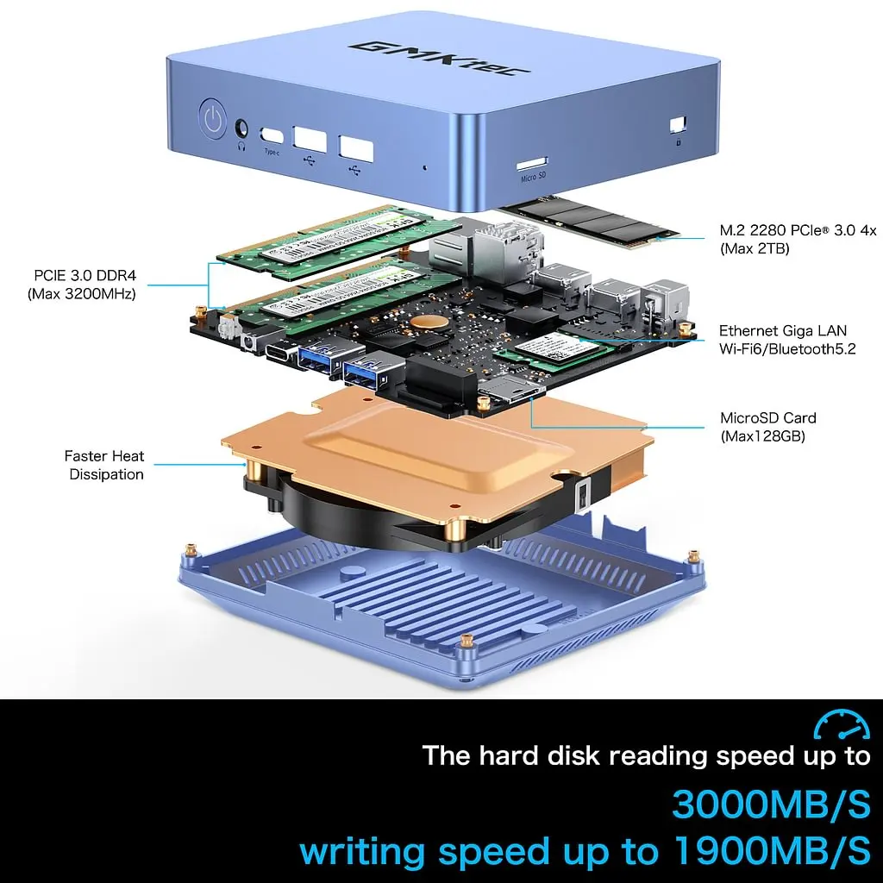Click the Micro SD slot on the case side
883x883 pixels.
(x=533, y=162)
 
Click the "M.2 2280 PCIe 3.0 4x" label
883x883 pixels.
(x=798, y=231)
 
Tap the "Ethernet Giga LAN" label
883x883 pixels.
(x=783, y=331)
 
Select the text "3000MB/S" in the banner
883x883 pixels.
(x=771, y=804)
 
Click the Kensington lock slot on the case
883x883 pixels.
(x=678, y=124)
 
